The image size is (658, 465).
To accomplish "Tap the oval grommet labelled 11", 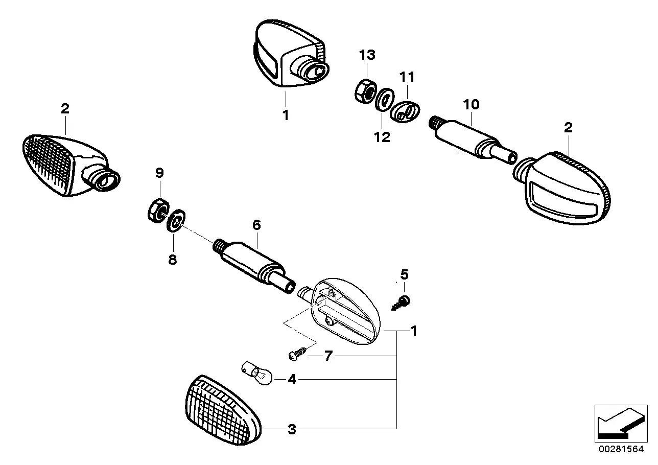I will (405, 110).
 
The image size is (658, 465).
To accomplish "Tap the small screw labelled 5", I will (402, 303).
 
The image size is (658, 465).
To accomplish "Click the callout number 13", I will (367, 55).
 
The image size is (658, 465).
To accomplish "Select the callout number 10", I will (471, 105).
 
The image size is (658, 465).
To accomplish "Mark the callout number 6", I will (256, 225).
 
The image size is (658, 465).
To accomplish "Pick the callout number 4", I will (291, 380).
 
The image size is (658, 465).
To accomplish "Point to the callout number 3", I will (292, 429).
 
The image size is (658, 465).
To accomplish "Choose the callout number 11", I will (407, 77).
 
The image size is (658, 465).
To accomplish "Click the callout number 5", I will (404, 275).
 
